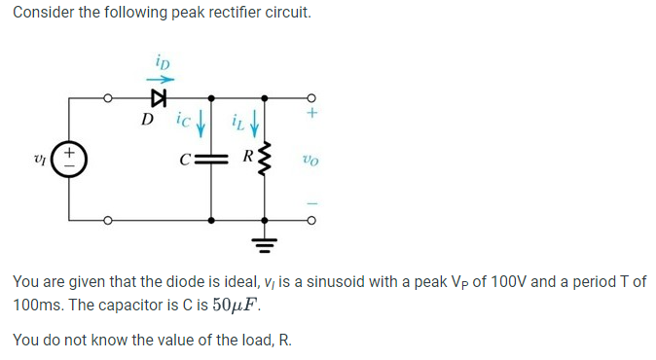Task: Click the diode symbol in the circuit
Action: [159, 98]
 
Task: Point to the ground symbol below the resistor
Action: [262, 240]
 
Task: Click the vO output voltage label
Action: [310, 160]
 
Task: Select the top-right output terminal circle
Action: [311, 98]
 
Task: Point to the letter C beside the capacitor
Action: [196, 160]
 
